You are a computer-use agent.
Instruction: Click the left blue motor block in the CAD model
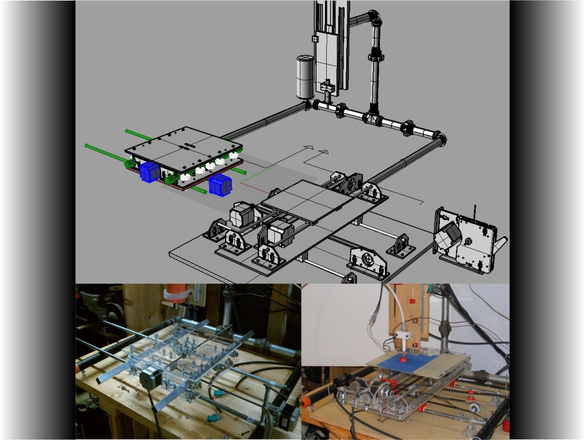coord(149,172)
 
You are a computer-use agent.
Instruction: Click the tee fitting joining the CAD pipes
coord(372,118)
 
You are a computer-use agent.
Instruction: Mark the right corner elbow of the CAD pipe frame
coord(440,139)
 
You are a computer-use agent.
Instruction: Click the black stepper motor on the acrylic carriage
coord(149,379)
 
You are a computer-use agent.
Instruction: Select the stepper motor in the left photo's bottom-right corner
coord(287,415)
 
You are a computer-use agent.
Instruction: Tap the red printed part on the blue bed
coord(403,359)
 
